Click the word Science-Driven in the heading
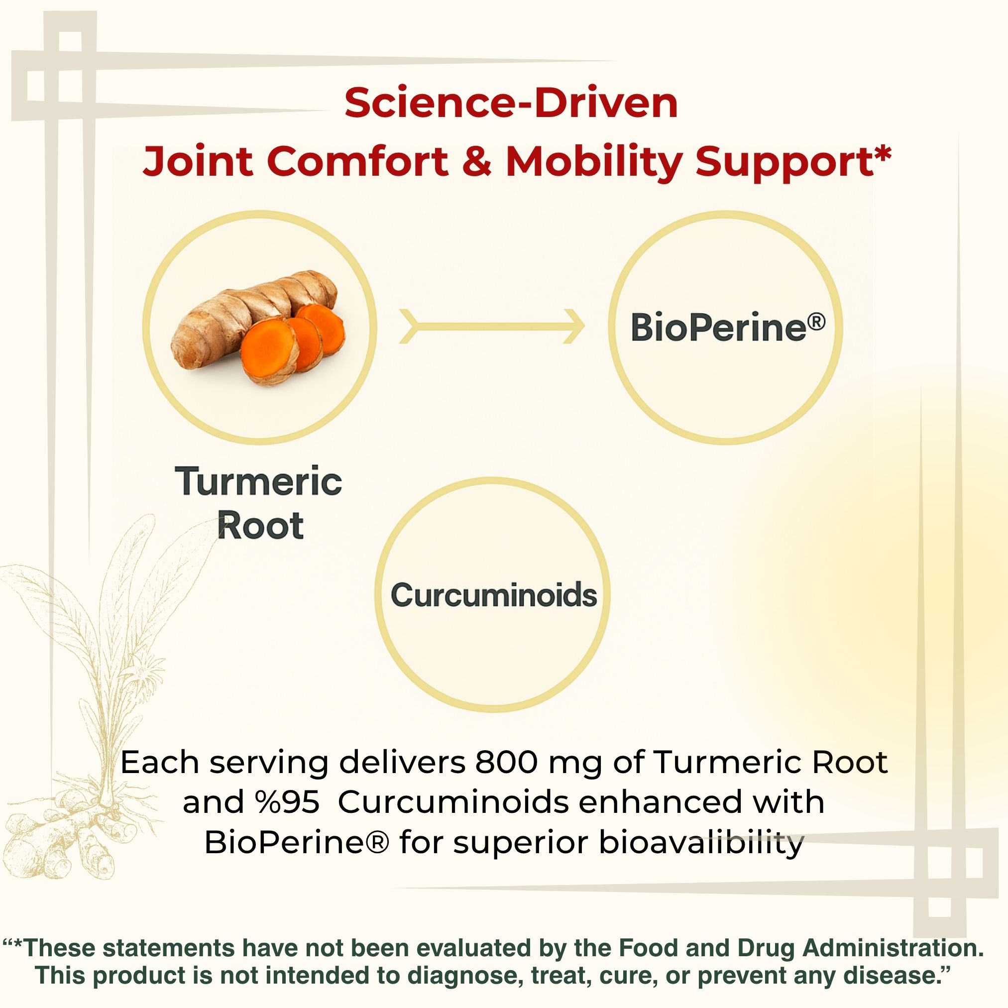pyautogui.click(x=511, y=103)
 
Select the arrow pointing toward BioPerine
pyautogui.click(x=491, y=327)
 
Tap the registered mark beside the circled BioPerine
pyautogui.click(x=816, y=321)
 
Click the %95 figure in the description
pyautogui.click(x=288, y=801)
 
